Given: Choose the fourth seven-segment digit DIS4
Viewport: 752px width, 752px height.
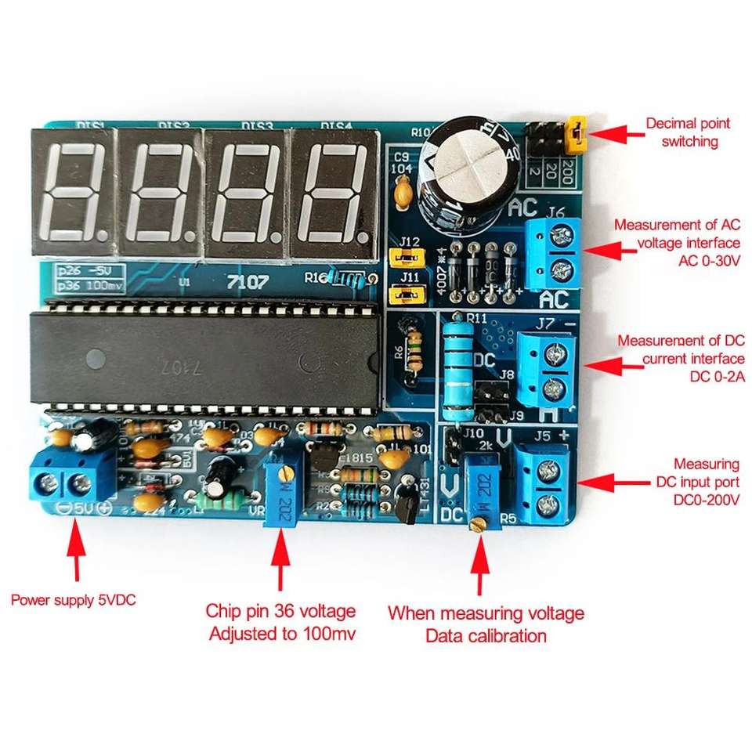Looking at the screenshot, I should click(x=335, y=192).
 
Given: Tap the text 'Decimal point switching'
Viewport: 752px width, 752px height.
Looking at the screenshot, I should click(x=688, y=132).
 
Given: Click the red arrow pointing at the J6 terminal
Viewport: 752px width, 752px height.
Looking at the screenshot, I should click(x=607, y=250).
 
